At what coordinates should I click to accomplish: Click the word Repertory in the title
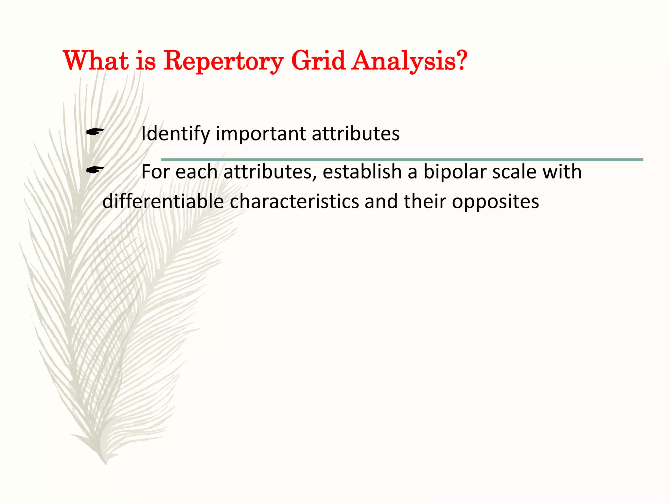coord(223,61)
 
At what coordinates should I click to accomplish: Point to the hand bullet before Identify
coord(95,132)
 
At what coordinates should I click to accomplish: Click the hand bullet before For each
coord(95,170)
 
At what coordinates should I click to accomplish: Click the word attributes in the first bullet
coord(356,134)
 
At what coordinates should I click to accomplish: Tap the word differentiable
coord(163,201)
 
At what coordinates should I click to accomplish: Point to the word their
coord(425,201)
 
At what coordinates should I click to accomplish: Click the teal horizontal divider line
coord(402,160)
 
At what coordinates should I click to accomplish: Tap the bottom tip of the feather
coord(105,463)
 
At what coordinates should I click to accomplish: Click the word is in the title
coord(146,61)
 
